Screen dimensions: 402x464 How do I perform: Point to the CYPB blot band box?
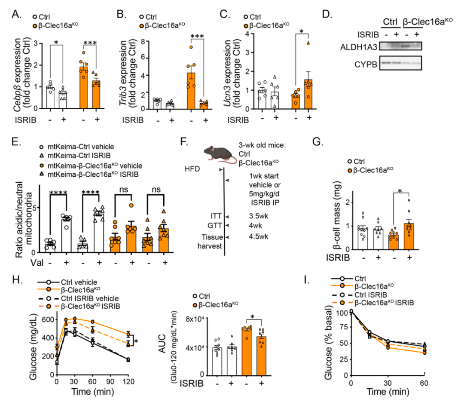[401, 62]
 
